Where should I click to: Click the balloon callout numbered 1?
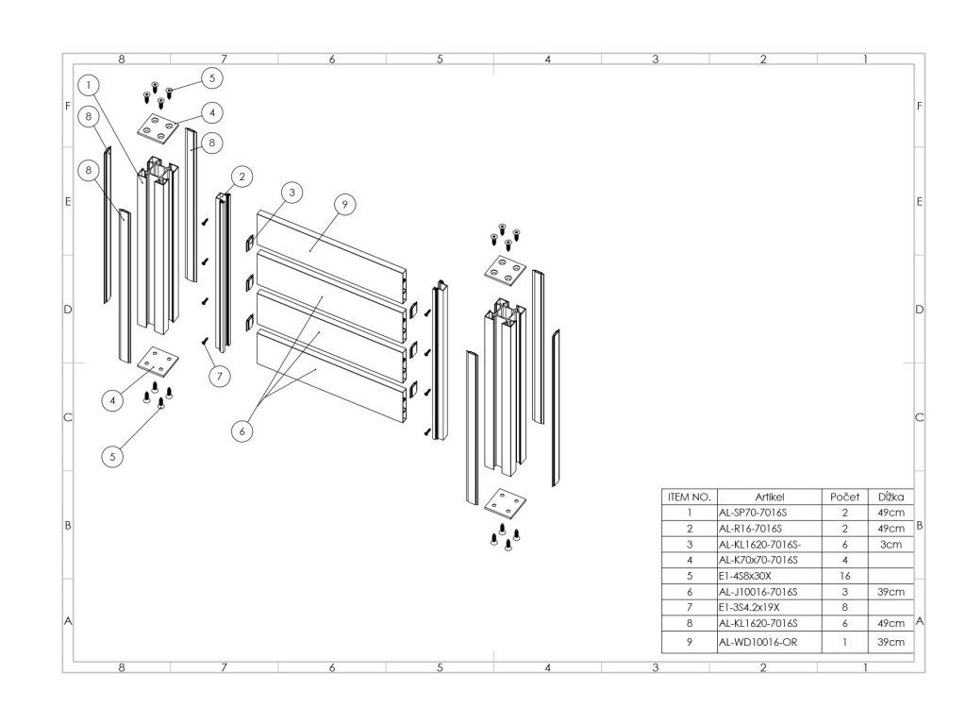point(88,84)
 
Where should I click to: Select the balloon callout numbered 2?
point(241,176)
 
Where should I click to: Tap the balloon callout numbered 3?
point(292,193)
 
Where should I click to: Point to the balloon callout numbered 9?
point(345,203)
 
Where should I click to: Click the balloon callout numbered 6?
point(242,430)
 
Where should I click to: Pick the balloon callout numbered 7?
point(219,376)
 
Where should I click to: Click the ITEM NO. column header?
point(689,497)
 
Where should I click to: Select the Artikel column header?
point(770,497)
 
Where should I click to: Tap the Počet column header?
point(844,497)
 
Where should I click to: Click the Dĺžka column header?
point(891,497)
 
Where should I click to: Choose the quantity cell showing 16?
point(844,576)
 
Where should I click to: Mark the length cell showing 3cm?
point(891,545)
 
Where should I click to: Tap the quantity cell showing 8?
point(844,607)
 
